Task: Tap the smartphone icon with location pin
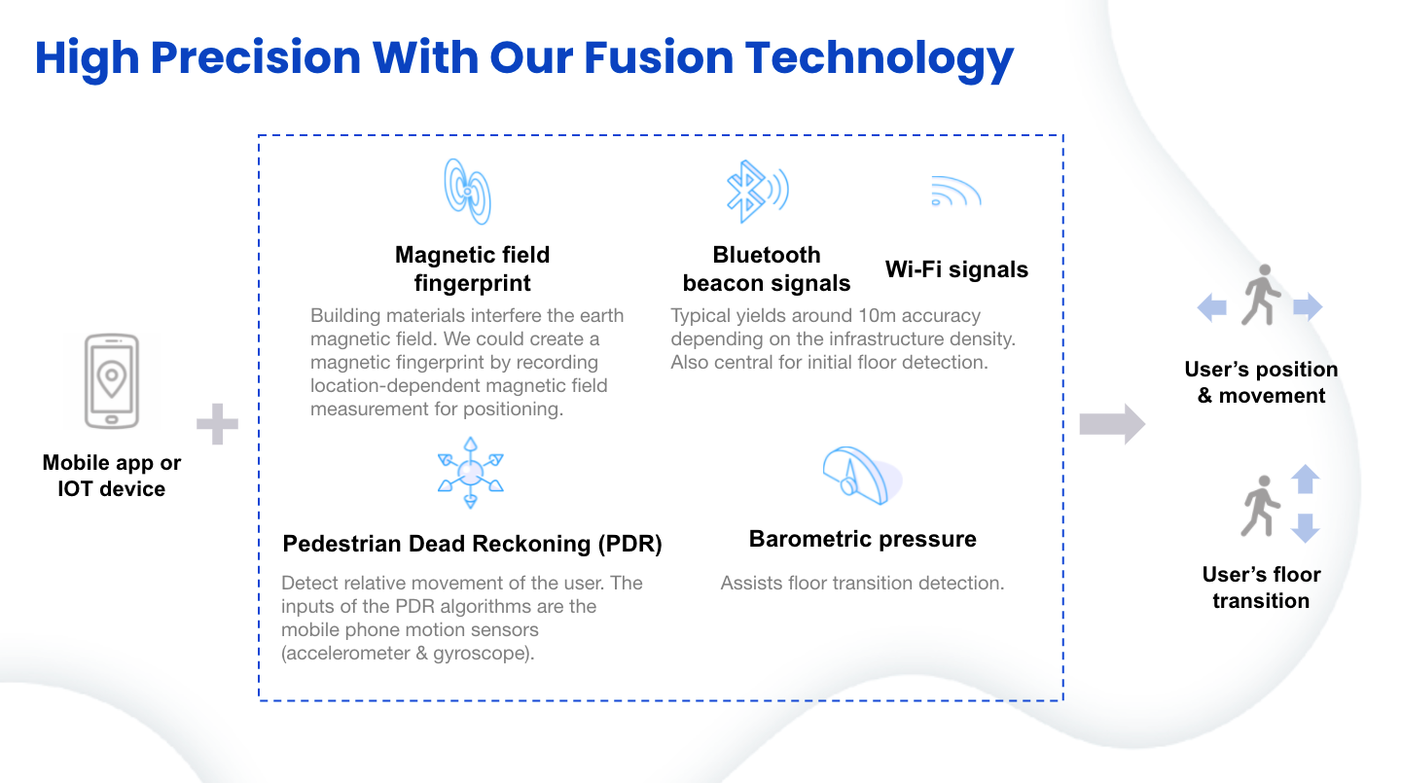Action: (x=111, y=381)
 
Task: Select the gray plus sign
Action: (x=217, y=425)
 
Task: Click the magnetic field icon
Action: (x=468, y=192)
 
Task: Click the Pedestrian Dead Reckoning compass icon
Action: (x=471, y=473)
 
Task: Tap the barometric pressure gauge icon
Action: (x=861, y=476)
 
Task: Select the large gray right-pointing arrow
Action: (x=1112, y=424)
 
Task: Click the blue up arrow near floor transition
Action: (x=1305, y=480)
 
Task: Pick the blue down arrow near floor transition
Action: (x=1305, y=528)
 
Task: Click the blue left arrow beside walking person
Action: (x=1211, y=308)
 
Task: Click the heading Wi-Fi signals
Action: (x=956, y=269)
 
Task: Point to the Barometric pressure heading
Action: (x=862, y=539)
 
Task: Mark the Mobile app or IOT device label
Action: (x=111, y=476)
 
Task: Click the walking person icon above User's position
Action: (x=1261, y=295)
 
